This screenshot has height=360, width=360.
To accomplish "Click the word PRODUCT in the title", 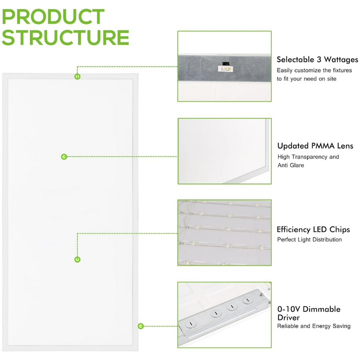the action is click(53, 16).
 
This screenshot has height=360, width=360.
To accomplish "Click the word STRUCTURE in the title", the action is click(65, 37).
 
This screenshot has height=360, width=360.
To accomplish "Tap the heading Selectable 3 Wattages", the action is click(317, 59).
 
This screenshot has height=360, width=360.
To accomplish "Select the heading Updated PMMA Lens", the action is click(315, 146).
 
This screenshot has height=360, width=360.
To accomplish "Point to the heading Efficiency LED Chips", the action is click(313, 229).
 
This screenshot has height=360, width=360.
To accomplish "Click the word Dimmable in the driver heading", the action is click(321, 309).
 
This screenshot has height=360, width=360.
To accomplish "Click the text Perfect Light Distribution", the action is click(309, 239).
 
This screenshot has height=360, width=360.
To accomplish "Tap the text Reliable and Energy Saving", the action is click(314, 326).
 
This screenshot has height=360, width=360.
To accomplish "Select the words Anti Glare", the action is click(290, 165).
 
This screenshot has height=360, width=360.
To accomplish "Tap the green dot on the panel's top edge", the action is click(77, 76).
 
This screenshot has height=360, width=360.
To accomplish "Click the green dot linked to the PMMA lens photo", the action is click(64, 156).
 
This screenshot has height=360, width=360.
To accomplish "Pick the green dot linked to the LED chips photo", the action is click(77, 259).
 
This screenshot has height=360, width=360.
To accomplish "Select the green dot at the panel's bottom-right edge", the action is click(140, 326).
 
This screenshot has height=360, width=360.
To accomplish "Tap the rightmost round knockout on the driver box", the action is click(247, 300).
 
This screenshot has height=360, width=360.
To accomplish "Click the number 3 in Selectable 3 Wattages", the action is click(319, 59).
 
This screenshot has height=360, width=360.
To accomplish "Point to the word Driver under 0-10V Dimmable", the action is click(288, 317).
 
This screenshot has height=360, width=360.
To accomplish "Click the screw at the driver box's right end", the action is click(261, 294).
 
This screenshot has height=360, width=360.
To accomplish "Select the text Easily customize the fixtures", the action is click(314, 70).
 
